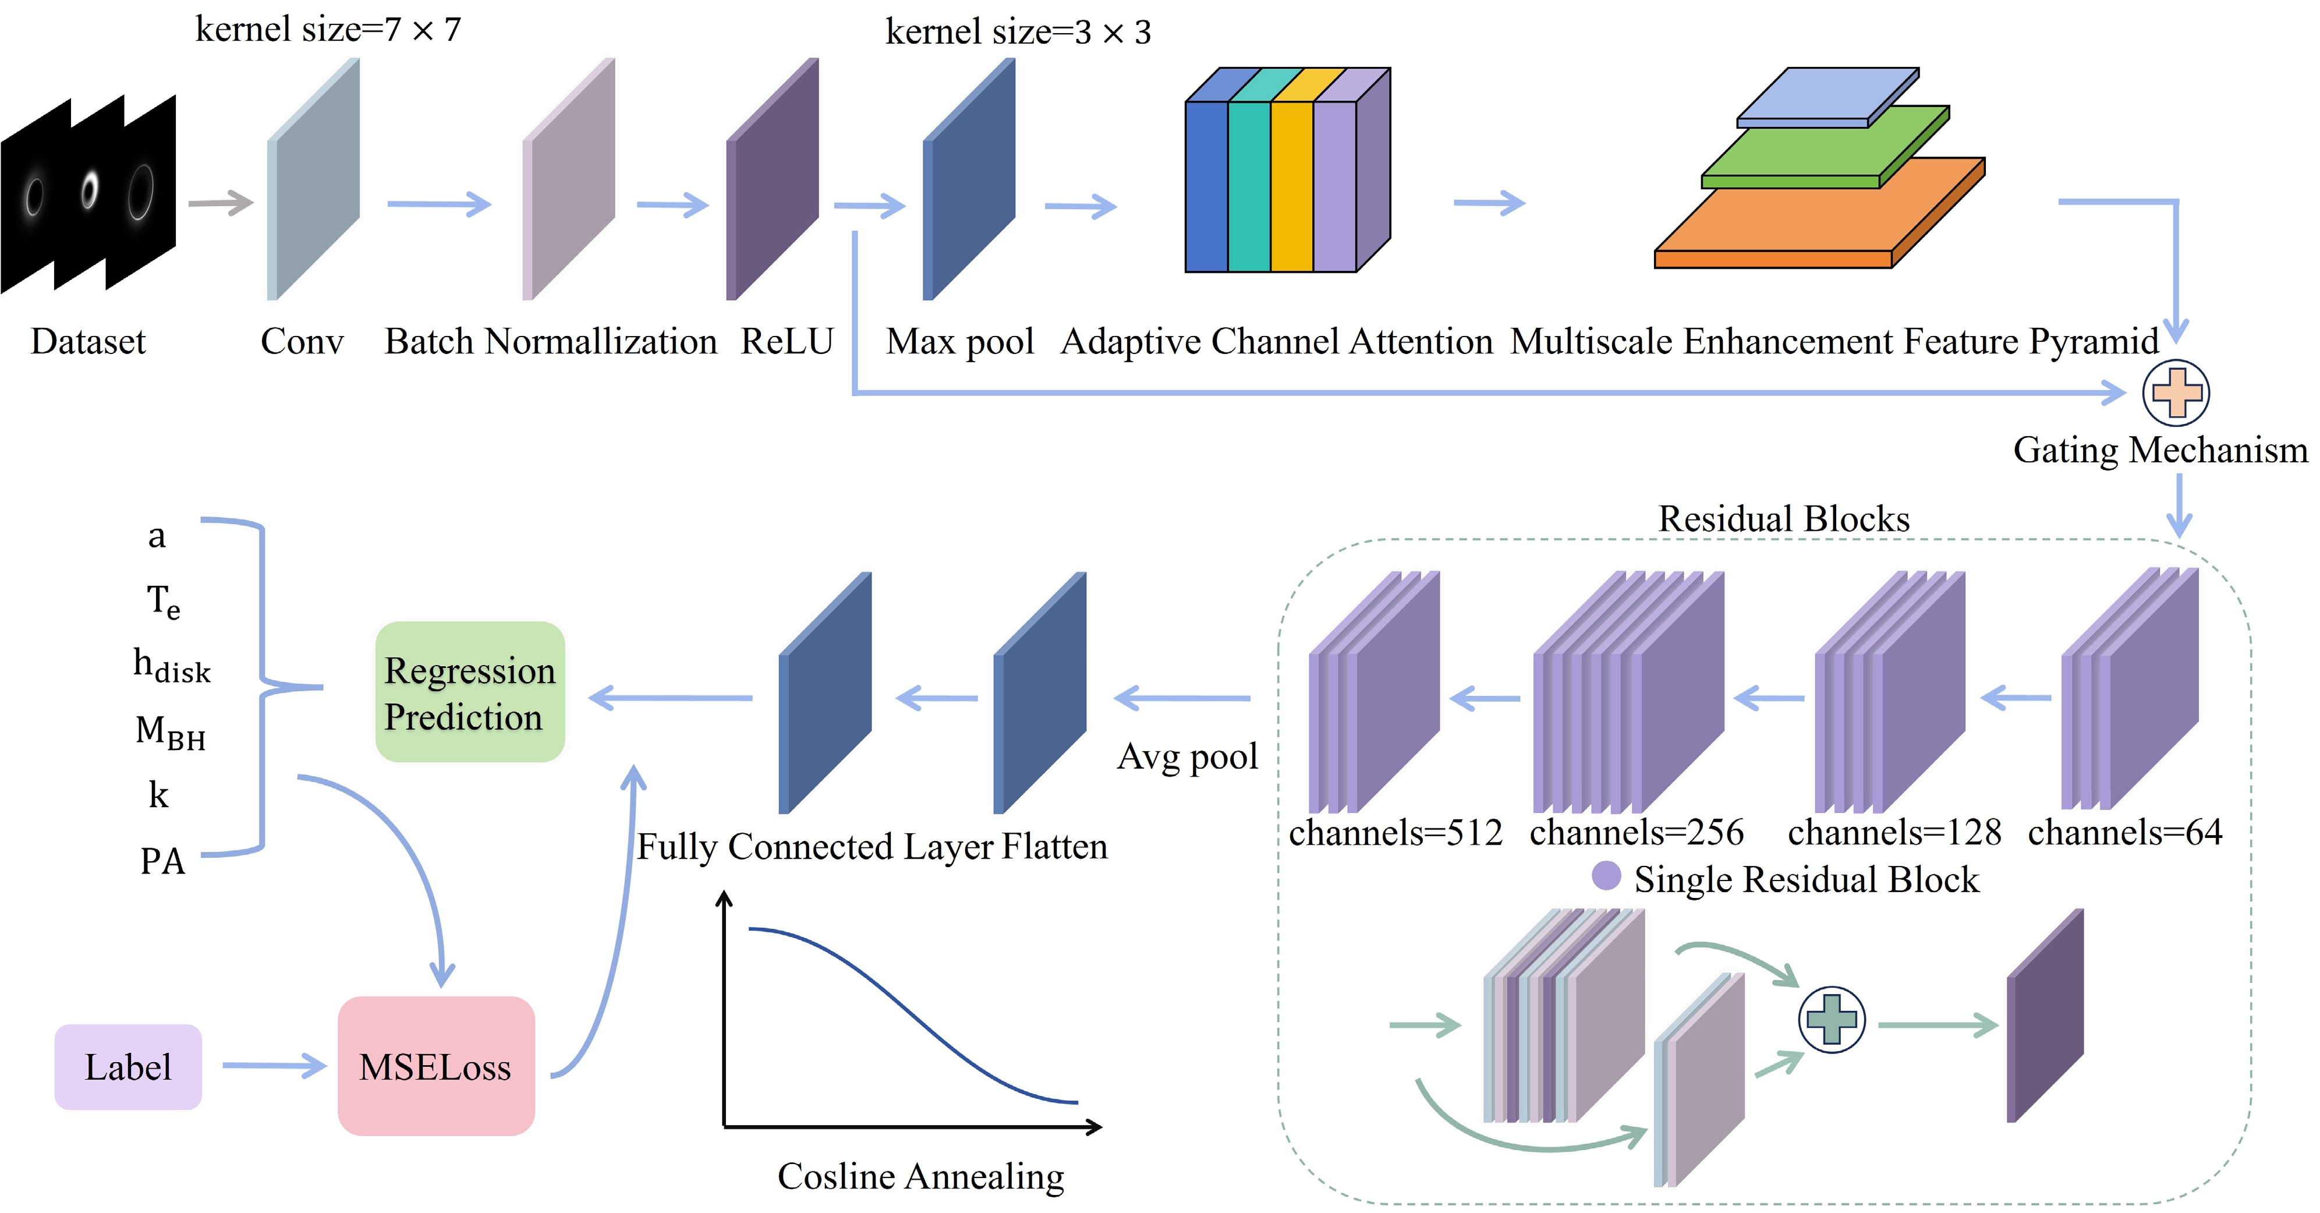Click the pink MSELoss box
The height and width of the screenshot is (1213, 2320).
click(436, 1066)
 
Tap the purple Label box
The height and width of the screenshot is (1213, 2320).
click(128, 1067)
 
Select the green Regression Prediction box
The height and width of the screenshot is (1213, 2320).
click(469, 692)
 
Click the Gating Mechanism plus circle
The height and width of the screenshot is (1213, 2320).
click(2176, 392)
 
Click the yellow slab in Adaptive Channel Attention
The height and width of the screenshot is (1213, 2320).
click(1291, 185)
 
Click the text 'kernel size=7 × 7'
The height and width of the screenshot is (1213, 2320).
click(328, 30)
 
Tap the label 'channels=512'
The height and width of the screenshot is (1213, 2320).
click(1395, 832)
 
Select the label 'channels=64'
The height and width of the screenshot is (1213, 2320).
click(2124, 832)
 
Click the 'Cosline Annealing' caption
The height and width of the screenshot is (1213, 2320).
click(920, 1176)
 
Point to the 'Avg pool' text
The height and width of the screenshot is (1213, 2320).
click(1187, 756)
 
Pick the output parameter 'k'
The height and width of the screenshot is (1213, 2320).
click(158, 794)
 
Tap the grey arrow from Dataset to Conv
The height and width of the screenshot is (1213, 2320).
click(219, 203)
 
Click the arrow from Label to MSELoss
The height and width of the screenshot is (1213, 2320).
click(274, 1066)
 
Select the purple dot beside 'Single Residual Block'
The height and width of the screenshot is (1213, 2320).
click(1606, 875)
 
